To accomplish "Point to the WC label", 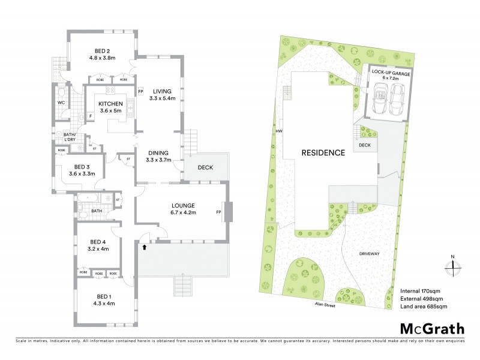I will click(61, 103).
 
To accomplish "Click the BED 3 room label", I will click(82, 166).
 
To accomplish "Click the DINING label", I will click(158, 153).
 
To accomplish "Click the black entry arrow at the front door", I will click(144, 245).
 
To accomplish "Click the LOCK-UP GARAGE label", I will click(391, 73).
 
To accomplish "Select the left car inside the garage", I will click(380, 99).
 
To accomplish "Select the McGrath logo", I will click(432, 328).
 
